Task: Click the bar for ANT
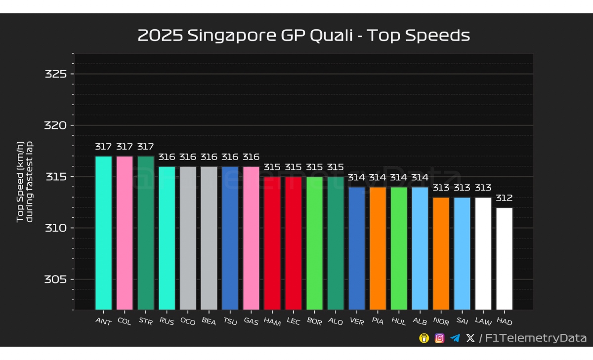tap(103, 233)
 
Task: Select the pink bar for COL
tap(125, 233)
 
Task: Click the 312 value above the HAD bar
tap(505, 198)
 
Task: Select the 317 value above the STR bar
tap(145, 147)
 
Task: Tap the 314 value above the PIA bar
tap(378, 177)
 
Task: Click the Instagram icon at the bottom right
tap(439, 338)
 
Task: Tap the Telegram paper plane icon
tap(455, 338)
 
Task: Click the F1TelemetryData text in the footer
tap(536, 338)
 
